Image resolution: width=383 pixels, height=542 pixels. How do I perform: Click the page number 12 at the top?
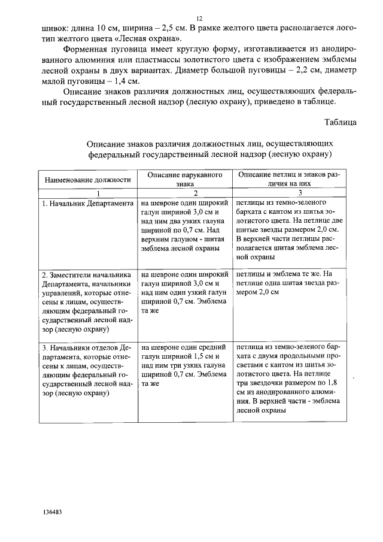pos(199,18)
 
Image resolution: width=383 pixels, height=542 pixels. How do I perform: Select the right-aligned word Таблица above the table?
pos(341,122)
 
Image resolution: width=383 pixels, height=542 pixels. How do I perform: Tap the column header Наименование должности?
pos(86,179)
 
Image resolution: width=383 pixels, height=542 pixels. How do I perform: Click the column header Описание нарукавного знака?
pos(181,179)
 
